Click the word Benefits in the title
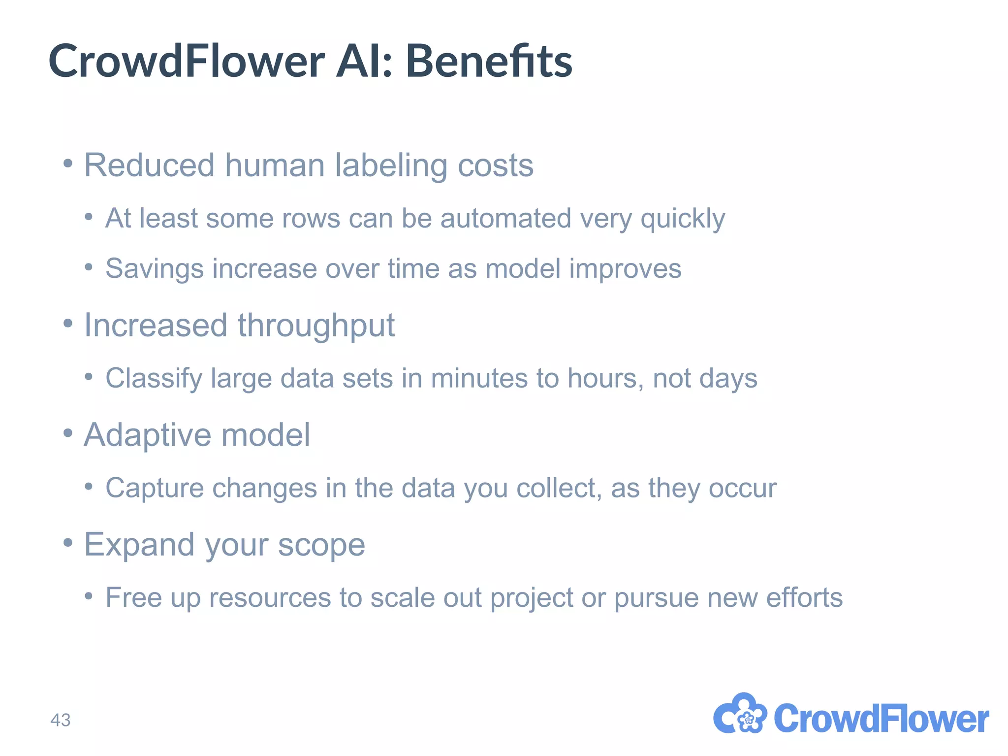(x=489, y=61)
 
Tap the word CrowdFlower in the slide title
(x=186, y=61)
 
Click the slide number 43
(x=61, y=720)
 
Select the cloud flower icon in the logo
(x=740, y=715)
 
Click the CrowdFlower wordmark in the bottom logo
(x=881, y=719)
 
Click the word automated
(x=505, y=218)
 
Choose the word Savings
(x=155, y=269)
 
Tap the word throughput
(x=316, y=326)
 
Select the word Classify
(x=154, y=379)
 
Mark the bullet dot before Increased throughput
(x=68, y=324)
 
